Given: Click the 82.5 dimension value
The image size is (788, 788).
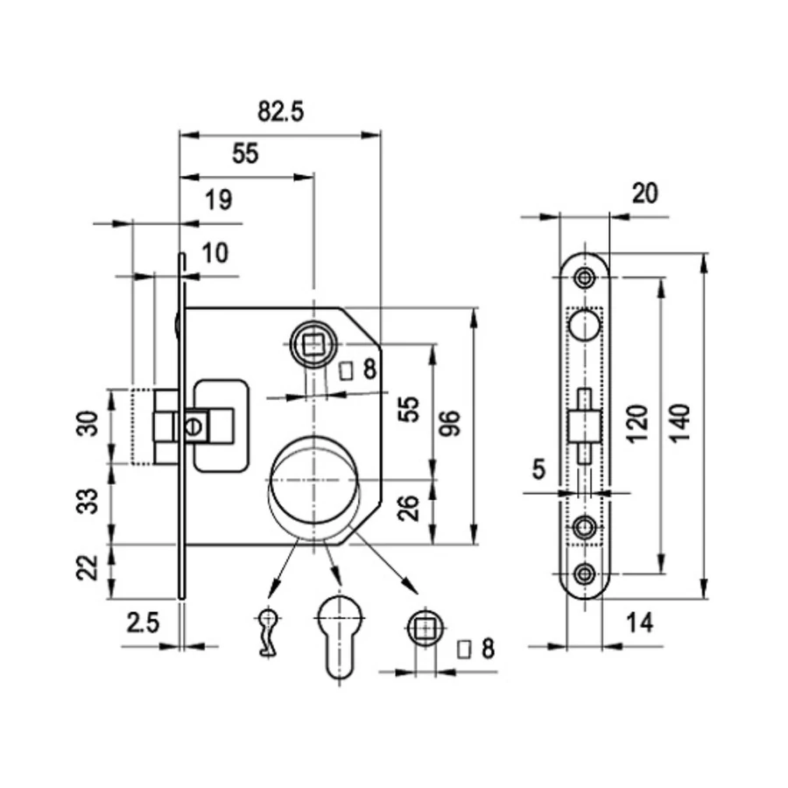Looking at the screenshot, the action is [280, 111].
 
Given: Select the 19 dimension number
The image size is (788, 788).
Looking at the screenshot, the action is [219, 200].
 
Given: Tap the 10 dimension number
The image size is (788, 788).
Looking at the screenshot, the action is [215, 253].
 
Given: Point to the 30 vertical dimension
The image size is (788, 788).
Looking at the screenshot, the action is [88, 424].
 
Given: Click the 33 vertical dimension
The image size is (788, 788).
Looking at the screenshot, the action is [88, 501].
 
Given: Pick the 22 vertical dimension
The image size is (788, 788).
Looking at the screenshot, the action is [88, 567].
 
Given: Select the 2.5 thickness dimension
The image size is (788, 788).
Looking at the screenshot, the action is [143, 623].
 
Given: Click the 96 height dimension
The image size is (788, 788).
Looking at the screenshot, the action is [450, 423].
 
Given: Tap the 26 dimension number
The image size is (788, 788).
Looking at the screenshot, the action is [408, 508].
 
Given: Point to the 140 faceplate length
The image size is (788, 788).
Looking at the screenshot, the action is [681, 423].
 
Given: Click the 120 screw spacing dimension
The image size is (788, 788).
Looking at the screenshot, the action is [637, 423].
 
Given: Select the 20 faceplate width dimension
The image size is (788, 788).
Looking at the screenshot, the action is [644, 193].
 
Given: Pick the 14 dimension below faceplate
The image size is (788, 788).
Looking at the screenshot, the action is [640, 623].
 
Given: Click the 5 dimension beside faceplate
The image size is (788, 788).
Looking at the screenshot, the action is [538, 469].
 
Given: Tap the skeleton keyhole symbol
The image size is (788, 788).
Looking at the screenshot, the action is [268, 632].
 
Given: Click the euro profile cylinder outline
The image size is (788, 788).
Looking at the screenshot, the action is [340, 636].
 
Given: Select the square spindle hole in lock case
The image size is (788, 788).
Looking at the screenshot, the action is [314, 345].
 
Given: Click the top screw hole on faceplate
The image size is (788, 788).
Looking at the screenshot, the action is [585, 277].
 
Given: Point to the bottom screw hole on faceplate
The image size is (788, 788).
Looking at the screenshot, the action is [585, 573].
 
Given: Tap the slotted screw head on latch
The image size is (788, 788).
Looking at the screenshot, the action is [193, 427].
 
